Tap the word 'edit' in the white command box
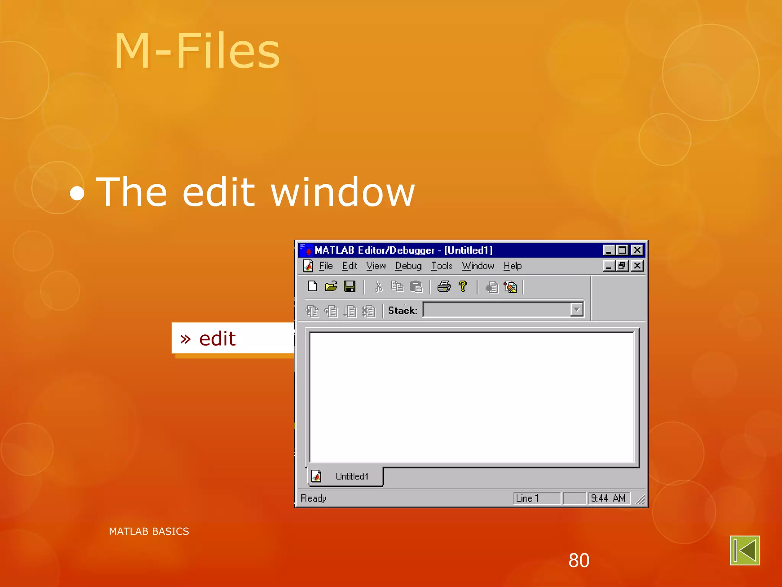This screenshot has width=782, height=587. click(x=217, y=339)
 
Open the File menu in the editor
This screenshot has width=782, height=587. click(x=326, y=266)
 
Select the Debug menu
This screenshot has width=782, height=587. click(x=408, y=266)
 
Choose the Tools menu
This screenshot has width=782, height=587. click(x=441, y=266)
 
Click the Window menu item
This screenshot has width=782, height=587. click(x=478, y=266)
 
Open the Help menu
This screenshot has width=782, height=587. click(x=512, y=266)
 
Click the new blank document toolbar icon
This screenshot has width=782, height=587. click(x=312, y=286)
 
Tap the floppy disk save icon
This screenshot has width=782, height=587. click(x=349, y=286)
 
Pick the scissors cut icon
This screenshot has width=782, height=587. click(x=378, y=287)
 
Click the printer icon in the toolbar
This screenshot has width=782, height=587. click(x=444, y=286)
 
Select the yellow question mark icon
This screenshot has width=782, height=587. click(x=463, y=286)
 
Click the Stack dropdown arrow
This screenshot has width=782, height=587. click(x=577, y=310)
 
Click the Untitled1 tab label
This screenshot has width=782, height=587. click(x=352, y=477)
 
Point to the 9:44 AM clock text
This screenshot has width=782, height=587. click(x=608, y=498)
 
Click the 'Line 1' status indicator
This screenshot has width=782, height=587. click(x=527, y=498)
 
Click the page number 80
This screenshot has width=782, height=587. click(x=579, y=560)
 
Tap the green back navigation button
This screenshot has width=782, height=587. click(x=745, y=550)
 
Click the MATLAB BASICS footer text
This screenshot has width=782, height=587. click(x=149, y=531)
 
